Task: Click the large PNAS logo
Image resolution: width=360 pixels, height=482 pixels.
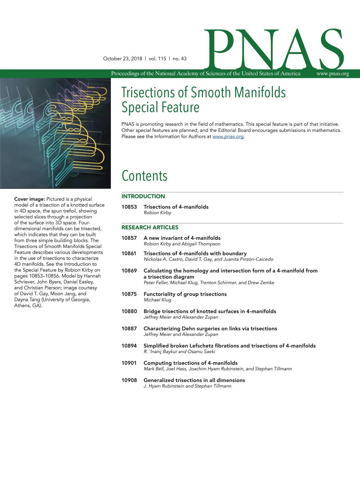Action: click(x=274, y=50)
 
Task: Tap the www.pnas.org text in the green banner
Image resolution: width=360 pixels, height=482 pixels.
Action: click(x=333, y=74)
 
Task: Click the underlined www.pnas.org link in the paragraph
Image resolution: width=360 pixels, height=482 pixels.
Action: click(x=228, y=137)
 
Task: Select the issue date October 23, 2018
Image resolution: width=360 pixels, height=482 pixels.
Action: click(x=122, y=59)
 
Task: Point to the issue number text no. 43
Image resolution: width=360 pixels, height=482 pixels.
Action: click(x=179, y=59)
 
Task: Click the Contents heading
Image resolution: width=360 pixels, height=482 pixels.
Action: click(x=144, y=176)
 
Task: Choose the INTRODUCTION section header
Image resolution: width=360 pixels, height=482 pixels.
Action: click(x=143, y=196)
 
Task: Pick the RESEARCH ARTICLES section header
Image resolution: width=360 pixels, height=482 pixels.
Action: click(x=150, y=227)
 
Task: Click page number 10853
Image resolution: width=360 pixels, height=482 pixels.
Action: click(x=129, y=207)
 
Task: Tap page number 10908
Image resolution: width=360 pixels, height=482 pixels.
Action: click(x=129, y=380)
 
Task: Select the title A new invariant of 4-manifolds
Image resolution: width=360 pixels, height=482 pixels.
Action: click(x=182, y=238)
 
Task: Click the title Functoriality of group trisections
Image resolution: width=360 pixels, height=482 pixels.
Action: click(x=185, y=294)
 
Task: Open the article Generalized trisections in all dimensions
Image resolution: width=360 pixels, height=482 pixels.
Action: click(x=194, y=380)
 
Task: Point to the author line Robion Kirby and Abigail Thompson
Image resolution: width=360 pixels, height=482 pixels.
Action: click(x=182, y=244)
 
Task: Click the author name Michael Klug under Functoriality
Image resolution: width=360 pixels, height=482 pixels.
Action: click(x=157, y=300)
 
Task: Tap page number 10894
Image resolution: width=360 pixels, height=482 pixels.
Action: click(x=129, y=346)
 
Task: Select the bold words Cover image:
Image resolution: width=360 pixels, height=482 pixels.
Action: click(x=29, y=199)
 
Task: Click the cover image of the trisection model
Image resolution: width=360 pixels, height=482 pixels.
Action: click(x=55, y=133)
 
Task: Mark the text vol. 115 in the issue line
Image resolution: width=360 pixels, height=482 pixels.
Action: click(x=157, y=59)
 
